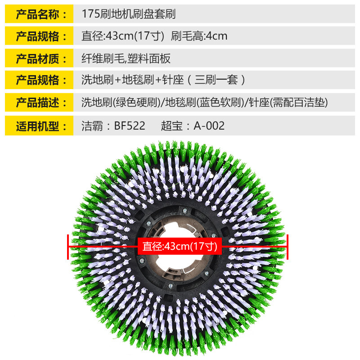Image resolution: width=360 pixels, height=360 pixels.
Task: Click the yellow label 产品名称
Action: (x=39, y=14)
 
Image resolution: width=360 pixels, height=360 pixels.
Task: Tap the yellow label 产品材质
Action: (x=39, y=58)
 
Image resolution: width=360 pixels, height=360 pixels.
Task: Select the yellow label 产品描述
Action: (x=39, y=103)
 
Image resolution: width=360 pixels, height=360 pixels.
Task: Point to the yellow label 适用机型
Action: (x=39, y=125)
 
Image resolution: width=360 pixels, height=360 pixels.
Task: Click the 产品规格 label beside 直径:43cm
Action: (x=39, y=36)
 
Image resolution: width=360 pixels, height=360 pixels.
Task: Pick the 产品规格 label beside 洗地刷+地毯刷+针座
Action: (x=39, y=81)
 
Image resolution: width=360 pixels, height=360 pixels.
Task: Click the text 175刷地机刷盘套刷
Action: (x=129, y=14)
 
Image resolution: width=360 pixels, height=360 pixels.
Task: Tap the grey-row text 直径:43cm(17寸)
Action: (x=122, y=36)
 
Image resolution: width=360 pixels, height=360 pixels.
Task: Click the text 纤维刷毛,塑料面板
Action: (x=126, y=58)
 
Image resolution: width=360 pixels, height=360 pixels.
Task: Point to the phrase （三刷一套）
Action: (x=217, y=81)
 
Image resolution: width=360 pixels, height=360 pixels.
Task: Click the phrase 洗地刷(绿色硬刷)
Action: (x=121, y=103)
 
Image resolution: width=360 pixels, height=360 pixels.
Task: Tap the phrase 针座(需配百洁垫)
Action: (x=288, y=103)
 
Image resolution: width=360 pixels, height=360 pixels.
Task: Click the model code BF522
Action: (x=130, y=126)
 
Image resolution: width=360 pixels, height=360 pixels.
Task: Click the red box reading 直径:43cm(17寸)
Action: (x=180, y=247)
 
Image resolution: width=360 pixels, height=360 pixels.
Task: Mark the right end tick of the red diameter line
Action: (x=287, y=247)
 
